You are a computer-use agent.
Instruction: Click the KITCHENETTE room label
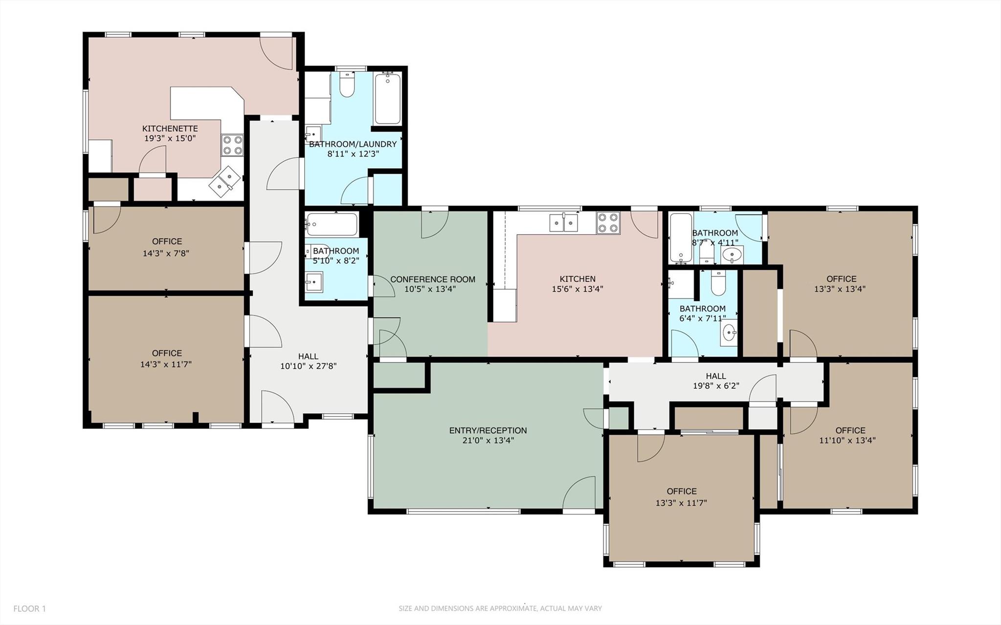pos(170,129)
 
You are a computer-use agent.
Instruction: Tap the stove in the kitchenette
pos(233,145)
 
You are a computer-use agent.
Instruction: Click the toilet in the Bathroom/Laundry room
pos(347,86)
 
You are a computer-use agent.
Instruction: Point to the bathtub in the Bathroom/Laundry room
pos(388,99)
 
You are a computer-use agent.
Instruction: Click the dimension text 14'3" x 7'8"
pos(166,253)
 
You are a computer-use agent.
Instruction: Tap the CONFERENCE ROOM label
pos(432,279)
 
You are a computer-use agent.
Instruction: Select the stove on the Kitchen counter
pos(608,223)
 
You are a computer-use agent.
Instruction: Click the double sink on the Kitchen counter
pos(563,223)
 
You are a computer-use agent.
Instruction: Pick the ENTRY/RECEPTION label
pos(488,430)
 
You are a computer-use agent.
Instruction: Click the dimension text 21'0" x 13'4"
pos(488,440)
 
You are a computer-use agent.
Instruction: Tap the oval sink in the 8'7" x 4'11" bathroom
pos(732,254)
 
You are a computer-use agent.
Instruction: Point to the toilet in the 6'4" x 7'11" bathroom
pos(718,284)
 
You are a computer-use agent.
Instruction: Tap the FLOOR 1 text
pos(29,609)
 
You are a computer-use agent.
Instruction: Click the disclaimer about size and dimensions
pos(500,609)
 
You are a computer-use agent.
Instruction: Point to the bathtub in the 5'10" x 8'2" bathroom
pos(332,224)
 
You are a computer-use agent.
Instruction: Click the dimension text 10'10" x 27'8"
pos(308,366)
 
